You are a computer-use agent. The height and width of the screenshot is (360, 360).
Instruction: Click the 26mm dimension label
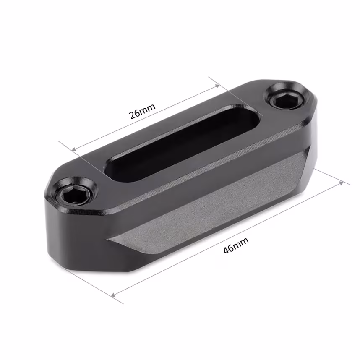click(x=142, y=111)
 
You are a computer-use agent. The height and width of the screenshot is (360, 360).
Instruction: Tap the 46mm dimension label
click(x=236, y=246)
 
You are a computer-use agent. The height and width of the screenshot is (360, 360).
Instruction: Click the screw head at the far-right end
click(x=285, y=98)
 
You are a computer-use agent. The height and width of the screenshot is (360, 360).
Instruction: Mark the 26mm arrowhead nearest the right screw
click(x=217, y=86)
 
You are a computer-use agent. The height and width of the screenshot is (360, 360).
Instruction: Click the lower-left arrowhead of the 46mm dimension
click(x=114, y=295)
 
